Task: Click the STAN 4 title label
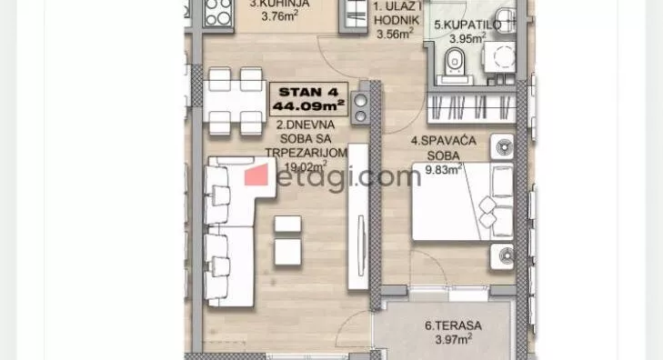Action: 307,91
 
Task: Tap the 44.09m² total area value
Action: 307,105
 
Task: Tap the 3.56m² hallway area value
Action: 395,35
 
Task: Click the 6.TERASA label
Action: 452,325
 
